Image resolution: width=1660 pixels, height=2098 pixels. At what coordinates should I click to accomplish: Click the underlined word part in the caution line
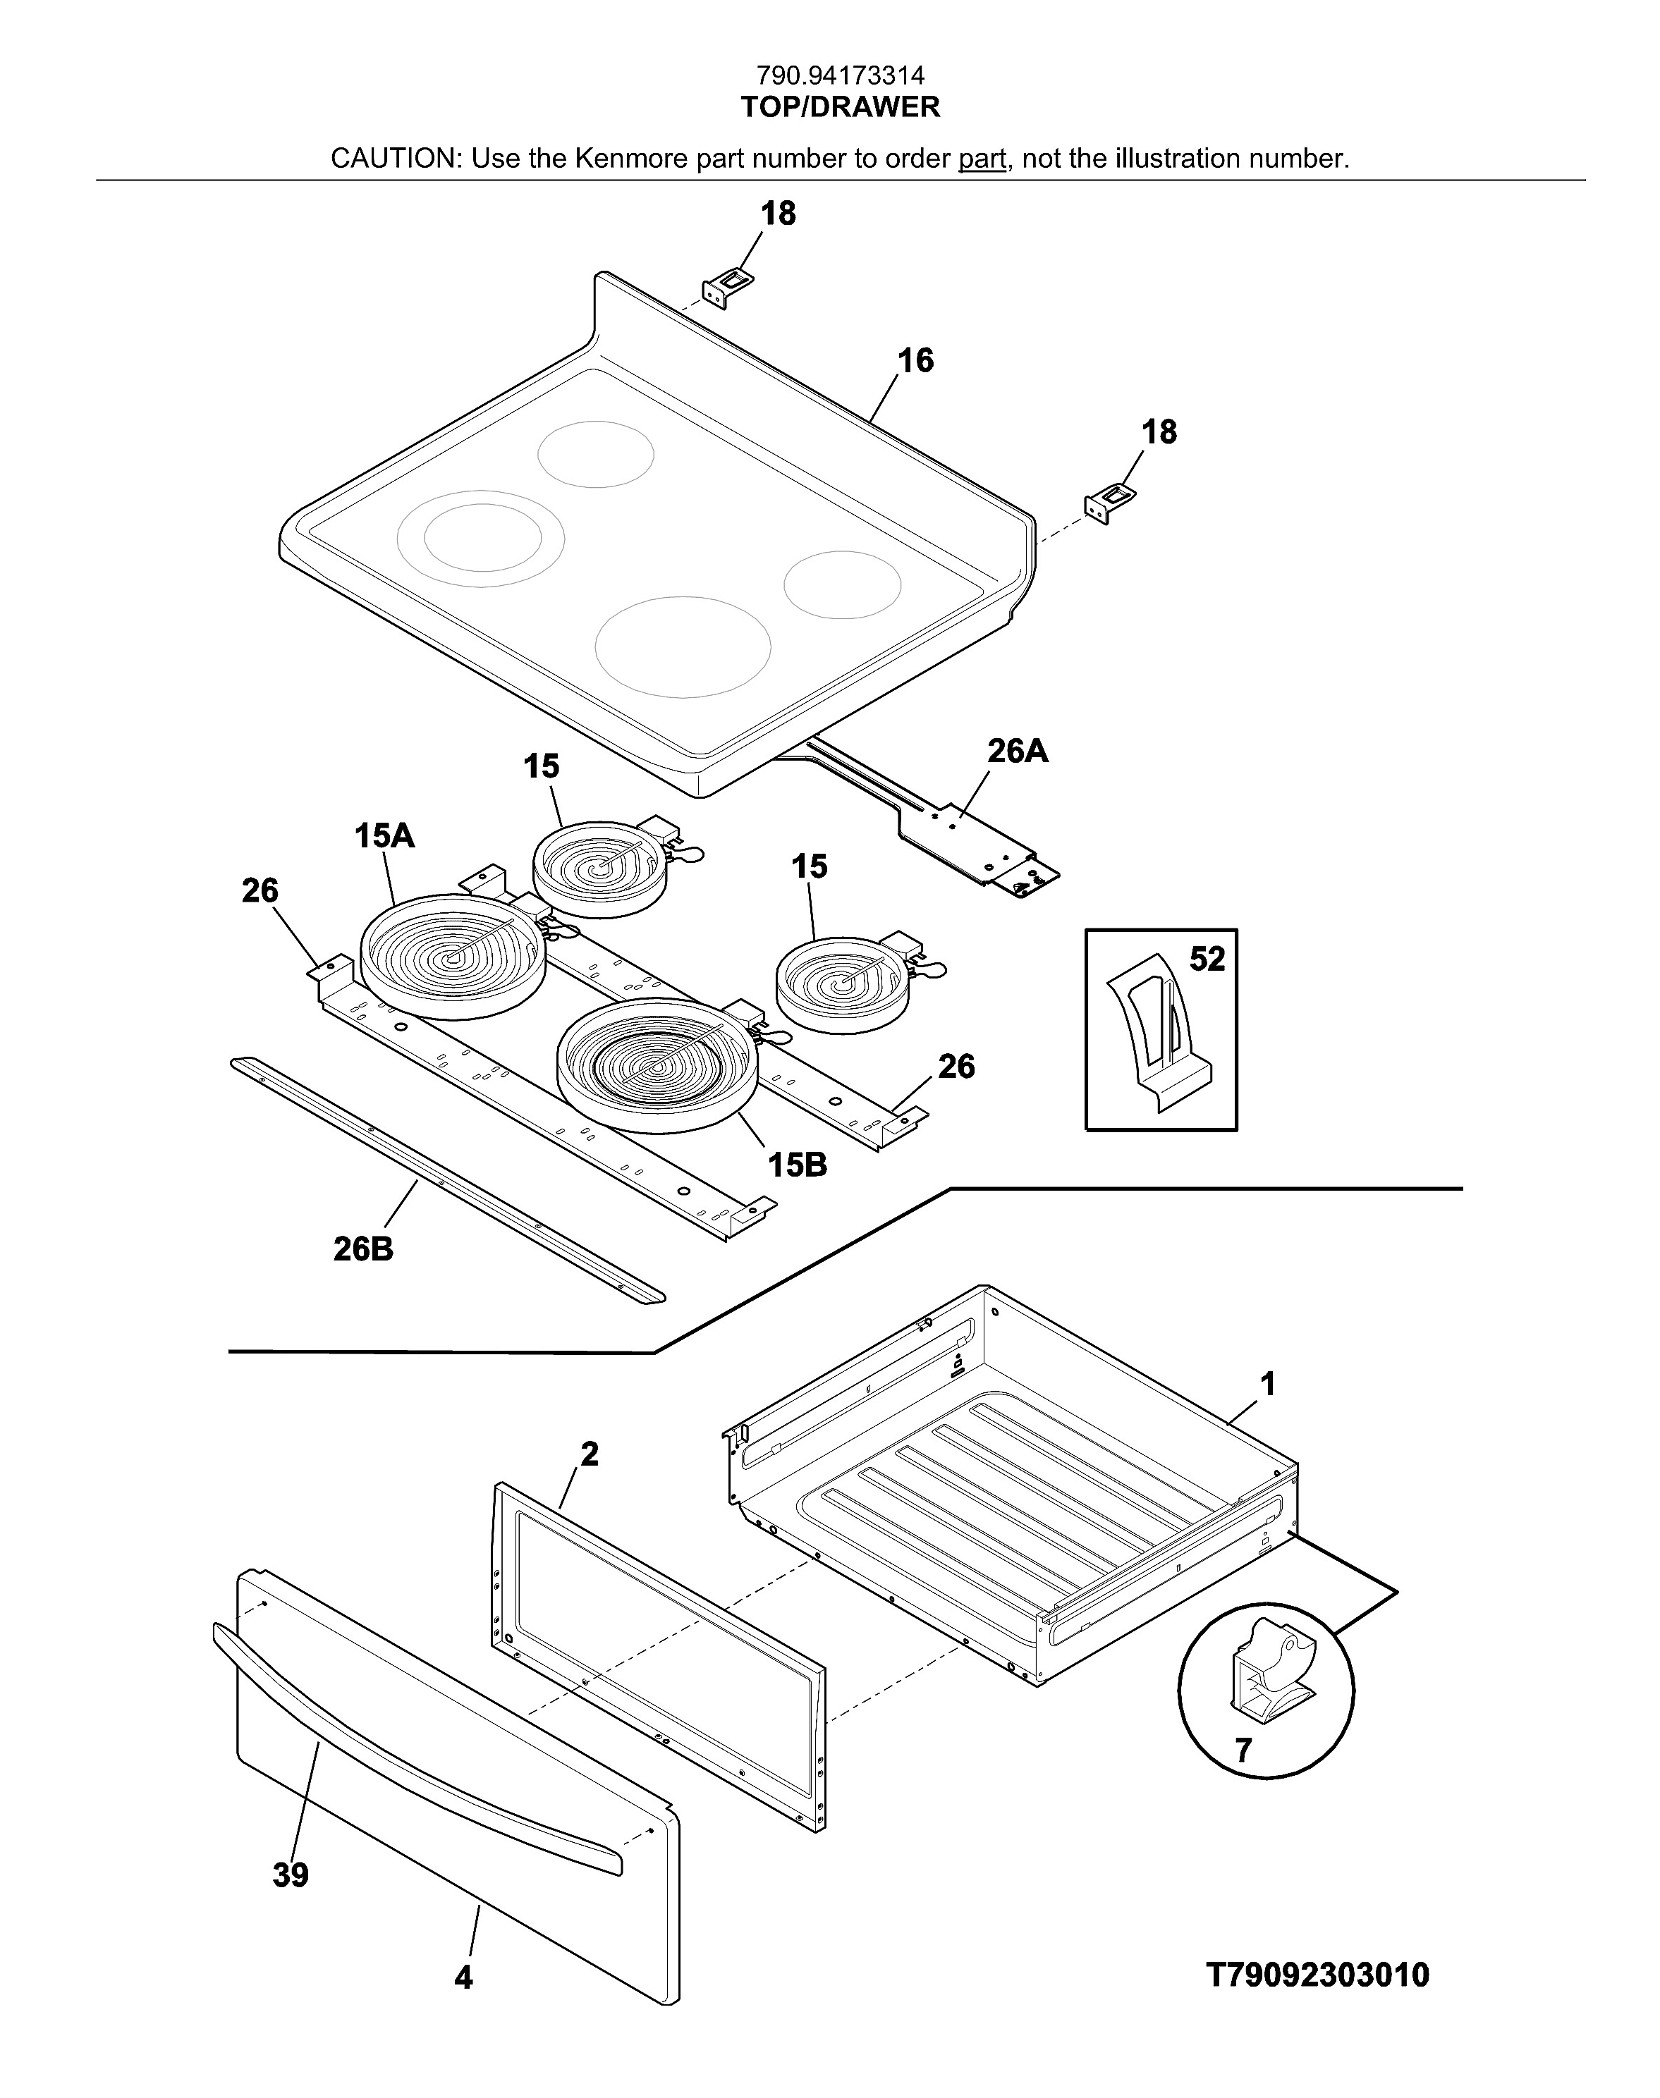(x=982, y=159)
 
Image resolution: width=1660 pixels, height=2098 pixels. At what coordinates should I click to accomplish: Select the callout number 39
(x=291, y=1874)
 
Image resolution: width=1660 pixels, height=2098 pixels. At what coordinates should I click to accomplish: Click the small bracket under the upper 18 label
(x=726, y=288)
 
